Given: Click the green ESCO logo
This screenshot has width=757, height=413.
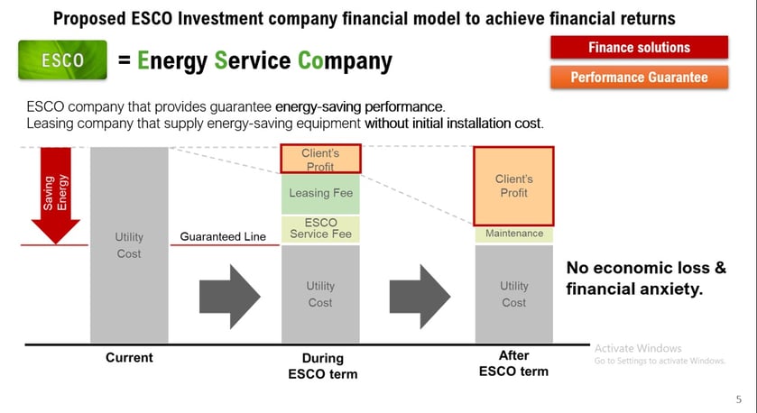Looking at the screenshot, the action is [x=63, y=60].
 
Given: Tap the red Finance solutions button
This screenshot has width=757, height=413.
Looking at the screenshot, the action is [x=639, y=47].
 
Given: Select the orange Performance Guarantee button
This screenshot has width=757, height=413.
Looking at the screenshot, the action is [x=639, y=78].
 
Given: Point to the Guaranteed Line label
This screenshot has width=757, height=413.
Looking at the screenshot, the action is [x=223, y=236].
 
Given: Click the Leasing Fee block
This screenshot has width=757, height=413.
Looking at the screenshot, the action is [x=320, y=194].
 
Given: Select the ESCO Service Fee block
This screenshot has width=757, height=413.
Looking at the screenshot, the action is [x=320, y=229].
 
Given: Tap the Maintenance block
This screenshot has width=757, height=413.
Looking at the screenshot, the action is [x=514, y=234].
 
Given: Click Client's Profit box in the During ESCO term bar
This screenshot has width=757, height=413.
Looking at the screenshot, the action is [x=320, y=159].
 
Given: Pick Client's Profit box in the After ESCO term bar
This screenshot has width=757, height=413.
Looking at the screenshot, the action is [x=513, y=187].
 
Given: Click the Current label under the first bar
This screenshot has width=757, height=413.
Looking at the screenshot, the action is [x=129, y=357].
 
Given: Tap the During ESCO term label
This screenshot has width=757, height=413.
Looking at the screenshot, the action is [x=322, y=366].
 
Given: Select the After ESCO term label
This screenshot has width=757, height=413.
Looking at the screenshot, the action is [x=513, y=363].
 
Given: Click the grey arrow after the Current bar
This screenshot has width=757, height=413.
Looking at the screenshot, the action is [x=230, y=297].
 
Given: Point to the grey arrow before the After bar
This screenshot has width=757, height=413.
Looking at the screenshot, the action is [x=420, y=297].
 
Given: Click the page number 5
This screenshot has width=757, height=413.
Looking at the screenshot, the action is [x=739, y=399].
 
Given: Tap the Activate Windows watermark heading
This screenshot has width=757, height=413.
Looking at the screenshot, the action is [x=638, y=348].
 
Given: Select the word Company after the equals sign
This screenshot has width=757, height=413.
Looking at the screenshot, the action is [x=345, y=61].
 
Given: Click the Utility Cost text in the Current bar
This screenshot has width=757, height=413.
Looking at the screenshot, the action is [x=129, y=245].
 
